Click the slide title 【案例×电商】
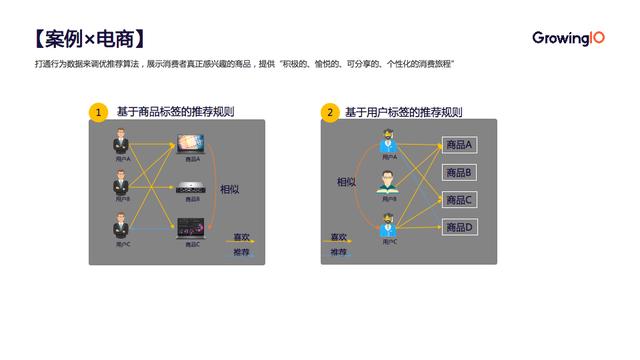point(90,39)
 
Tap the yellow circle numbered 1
point(98,112)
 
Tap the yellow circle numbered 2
point(330,112)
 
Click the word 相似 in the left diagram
point(230,189)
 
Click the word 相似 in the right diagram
point(346,182)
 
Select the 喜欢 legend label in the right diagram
point(339,237)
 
